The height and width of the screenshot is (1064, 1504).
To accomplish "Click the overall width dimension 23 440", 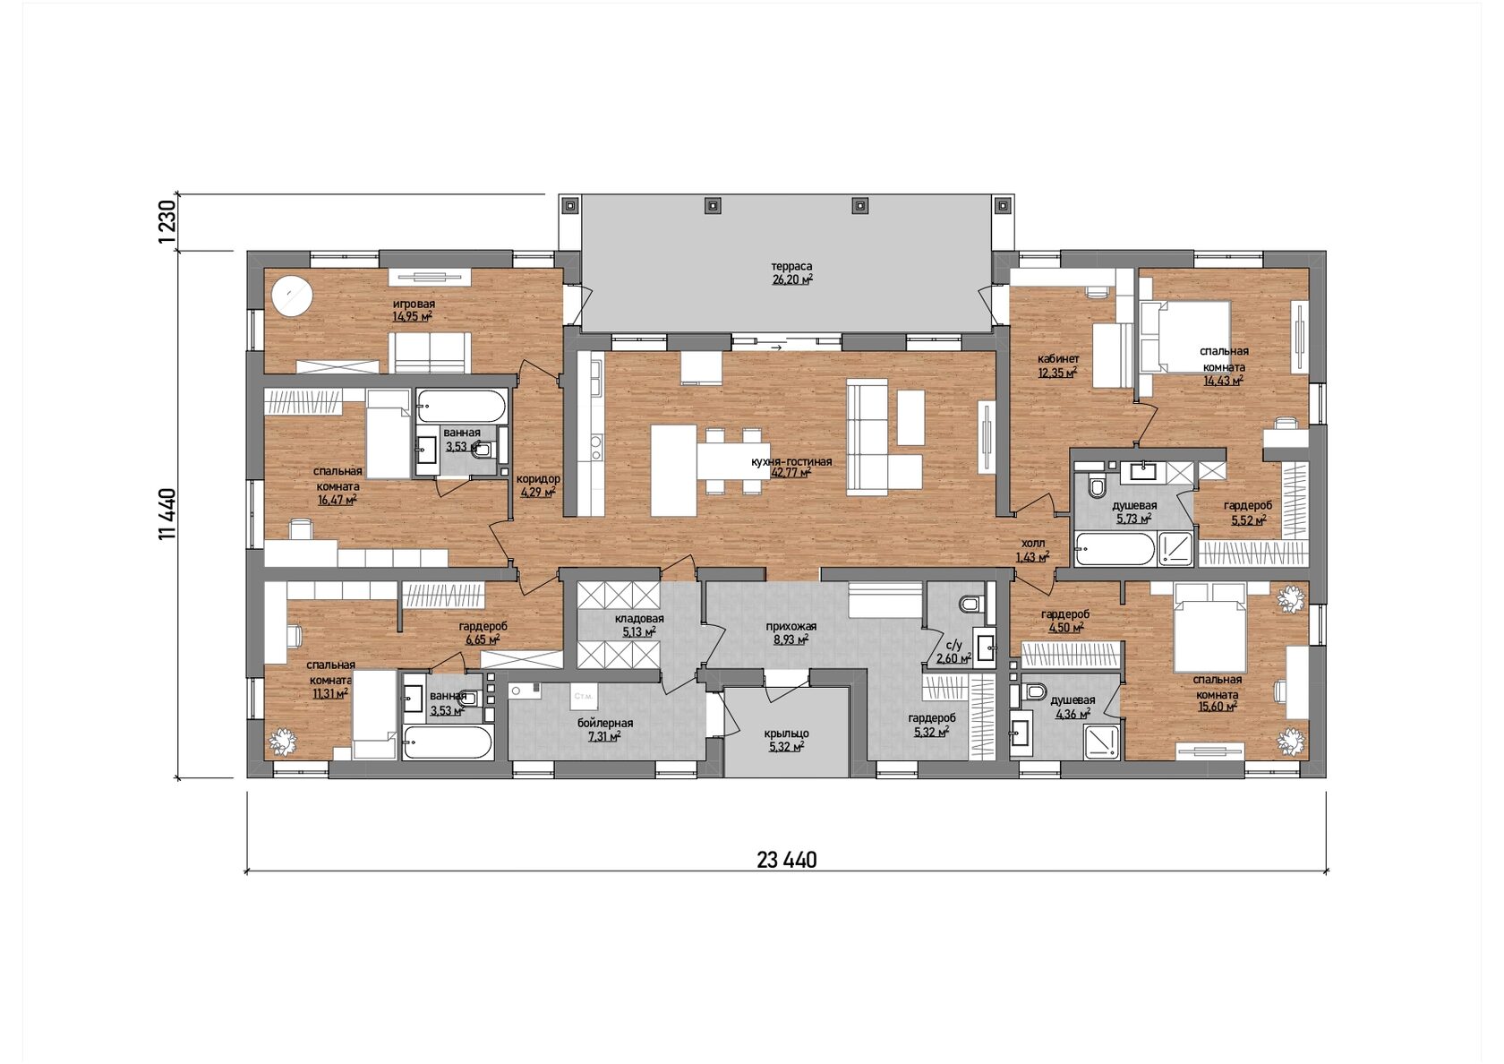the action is point(786,860).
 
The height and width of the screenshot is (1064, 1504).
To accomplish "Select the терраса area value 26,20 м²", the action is point(792,279).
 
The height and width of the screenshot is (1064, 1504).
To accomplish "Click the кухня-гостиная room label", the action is point(791,461).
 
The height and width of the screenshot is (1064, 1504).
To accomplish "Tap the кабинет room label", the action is point(1058,358).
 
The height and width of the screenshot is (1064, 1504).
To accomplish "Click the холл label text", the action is point(1033,543).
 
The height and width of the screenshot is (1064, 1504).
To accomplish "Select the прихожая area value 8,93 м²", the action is point(791,639).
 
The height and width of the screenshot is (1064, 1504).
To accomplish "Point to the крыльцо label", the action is point(786,734).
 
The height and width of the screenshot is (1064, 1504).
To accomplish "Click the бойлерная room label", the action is point(605,724).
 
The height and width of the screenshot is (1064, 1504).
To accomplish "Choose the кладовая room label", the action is point(639,619).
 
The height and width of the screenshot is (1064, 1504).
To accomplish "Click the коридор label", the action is point(538,479).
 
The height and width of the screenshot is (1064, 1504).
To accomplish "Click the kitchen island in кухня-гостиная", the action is point(673,470).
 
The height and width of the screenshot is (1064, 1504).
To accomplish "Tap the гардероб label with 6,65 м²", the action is point(483,626).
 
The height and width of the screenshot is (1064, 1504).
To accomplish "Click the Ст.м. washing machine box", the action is point(583,696).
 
